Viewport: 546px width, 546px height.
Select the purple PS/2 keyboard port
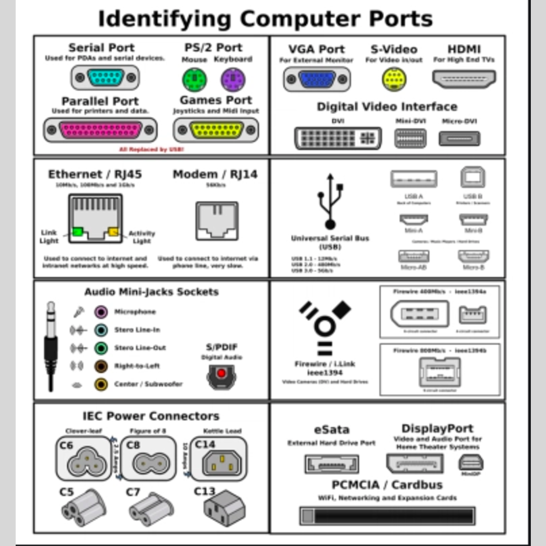(233, 78)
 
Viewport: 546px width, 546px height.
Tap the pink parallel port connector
(100, 129)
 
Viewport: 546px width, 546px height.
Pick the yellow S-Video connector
(394, 79)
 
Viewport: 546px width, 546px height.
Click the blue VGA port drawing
(317, 79)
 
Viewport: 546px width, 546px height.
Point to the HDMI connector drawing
(464, 79)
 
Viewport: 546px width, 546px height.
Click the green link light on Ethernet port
(77, 232)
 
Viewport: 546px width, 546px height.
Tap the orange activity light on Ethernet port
(113, 232)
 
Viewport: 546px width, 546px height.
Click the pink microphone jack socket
(101, 312)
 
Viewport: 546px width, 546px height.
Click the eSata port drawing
(331, 464)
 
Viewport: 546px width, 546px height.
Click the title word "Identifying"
(164, 19)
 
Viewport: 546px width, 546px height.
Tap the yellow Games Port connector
(216, 130)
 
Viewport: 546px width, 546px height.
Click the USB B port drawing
(473, 177)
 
